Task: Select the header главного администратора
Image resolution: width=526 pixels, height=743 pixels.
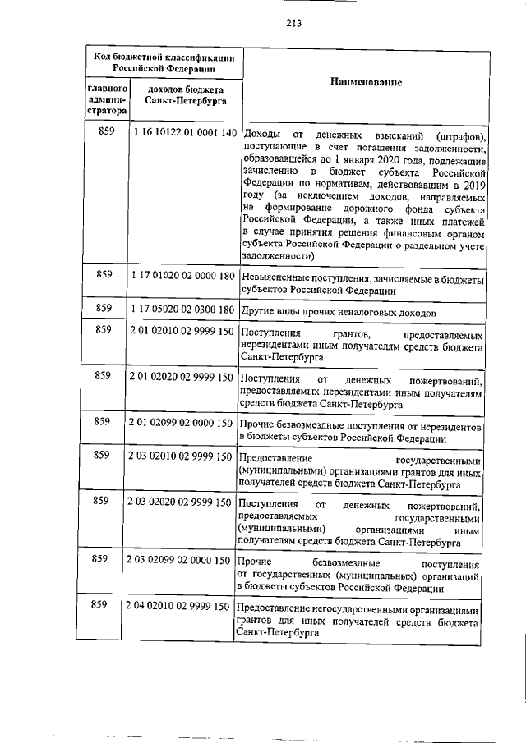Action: (x=106, y=98)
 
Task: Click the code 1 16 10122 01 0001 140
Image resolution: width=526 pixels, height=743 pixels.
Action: (x=183, y=133)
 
